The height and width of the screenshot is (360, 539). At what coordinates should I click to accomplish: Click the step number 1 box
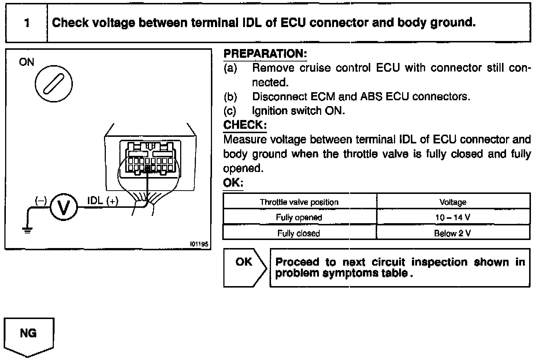pos(26,23)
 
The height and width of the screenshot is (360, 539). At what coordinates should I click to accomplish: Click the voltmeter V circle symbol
pos(63,207)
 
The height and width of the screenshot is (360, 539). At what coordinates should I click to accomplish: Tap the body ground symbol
pos(27,230)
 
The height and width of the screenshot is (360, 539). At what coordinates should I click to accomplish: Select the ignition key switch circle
pos(53,84)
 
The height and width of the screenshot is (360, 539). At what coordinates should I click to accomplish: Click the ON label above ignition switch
pos(26,62)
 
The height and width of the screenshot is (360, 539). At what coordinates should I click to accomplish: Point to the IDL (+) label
pos(103,201)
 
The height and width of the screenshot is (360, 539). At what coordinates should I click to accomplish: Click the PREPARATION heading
pos(265,54)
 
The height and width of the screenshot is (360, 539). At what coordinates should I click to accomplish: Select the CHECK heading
pos(245,125)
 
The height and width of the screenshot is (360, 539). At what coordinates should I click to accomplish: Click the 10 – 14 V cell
pos(453,217)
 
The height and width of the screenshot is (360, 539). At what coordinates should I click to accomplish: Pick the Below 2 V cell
pos(453,233)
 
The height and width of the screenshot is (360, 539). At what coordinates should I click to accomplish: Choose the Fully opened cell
pos(299,217)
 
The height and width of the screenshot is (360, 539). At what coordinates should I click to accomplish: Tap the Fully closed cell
pos(299,233)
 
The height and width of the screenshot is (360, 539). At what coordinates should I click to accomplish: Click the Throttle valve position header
pos(299,202)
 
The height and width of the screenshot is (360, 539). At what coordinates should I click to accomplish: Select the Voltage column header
pos(453,202)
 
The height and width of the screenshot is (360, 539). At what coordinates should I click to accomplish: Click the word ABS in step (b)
pos(371,97)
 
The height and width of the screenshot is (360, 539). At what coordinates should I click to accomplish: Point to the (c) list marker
pos(230,111)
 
